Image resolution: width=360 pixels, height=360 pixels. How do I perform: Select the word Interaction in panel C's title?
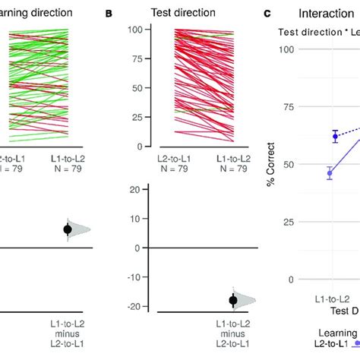(x=324, y=14)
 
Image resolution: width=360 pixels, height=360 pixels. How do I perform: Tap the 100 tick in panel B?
(x=136, y=30)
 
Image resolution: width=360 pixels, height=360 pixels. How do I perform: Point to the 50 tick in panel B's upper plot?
(x=139, y=88)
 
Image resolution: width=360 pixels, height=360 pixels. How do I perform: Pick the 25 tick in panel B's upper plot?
(x=139, y=117)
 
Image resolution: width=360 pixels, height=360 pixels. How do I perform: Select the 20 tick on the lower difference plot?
(x=139, y=190)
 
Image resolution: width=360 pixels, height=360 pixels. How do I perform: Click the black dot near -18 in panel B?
(x=233, y=301)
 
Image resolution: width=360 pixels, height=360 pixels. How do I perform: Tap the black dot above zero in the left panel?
(x=68, y=229)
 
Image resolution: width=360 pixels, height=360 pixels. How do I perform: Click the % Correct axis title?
(x=272, y=165)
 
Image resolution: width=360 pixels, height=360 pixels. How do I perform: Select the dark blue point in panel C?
(x=335, y=137)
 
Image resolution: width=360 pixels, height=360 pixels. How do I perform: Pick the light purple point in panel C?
(x=330, y=174)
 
